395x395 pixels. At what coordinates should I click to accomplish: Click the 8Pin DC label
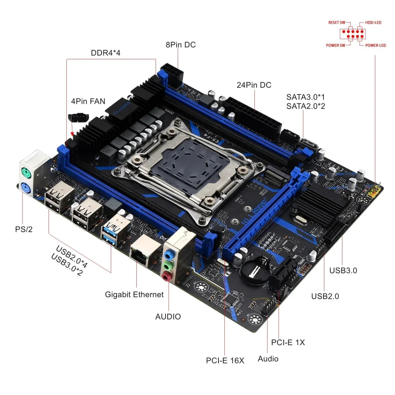(181, 45)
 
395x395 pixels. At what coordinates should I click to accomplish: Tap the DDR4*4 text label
(105, 53)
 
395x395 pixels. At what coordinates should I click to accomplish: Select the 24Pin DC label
(254, 85)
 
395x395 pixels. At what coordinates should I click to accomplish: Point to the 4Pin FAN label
(88, 101)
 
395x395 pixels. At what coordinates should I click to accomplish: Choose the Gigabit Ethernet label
(134, 294)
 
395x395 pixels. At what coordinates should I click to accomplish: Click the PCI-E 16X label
(225, 360)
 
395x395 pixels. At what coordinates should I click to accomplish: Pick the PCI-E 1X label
(288, 342)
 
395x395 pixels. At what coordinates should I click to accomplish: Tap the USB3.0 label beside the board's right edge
(343, 271)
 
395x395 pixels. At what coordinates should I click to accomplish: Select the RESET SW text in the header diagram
(337, 23)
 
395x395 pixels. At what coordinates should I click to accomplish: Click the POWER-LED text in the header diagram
(376, 45)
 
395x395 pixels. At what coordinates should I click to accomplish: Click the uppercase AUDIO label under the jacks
(168, 316)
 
